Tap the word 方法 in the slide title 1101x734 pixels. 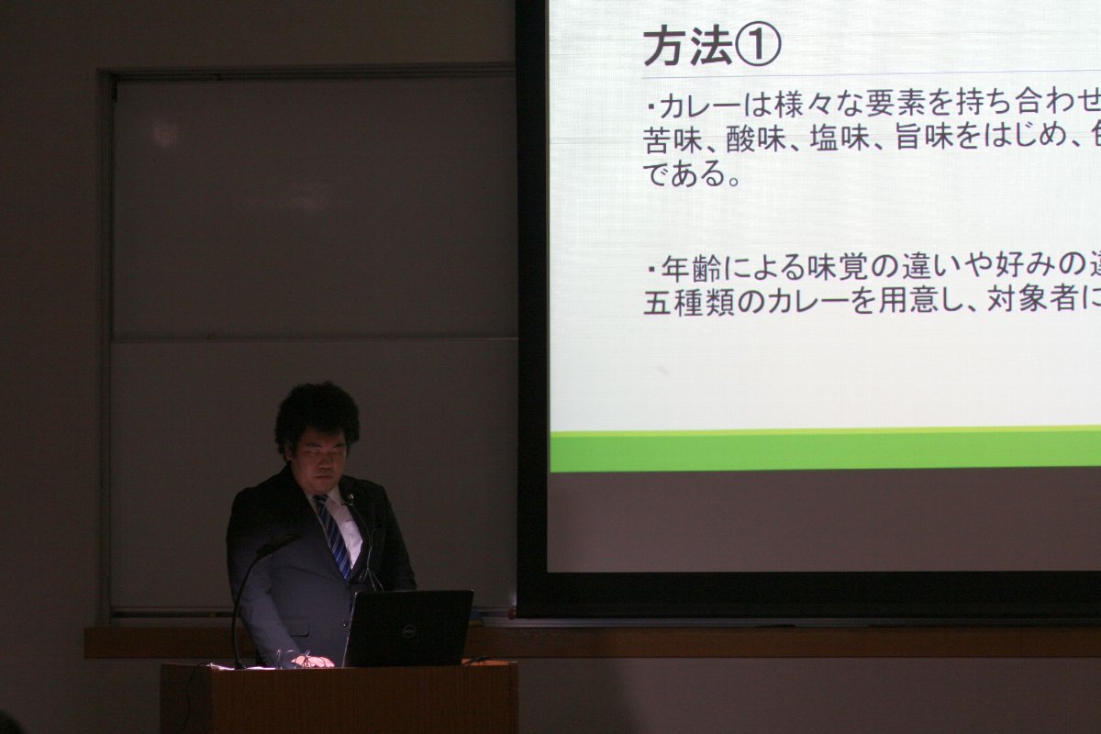point(689,47)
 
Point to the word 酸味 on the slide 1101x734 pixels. point(754,139)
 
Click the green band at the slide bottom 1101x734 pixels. point(825,450)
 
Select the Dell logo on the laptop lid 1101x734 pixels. point(408,630)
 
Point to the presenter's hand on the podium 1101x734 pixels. point(313,662)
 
